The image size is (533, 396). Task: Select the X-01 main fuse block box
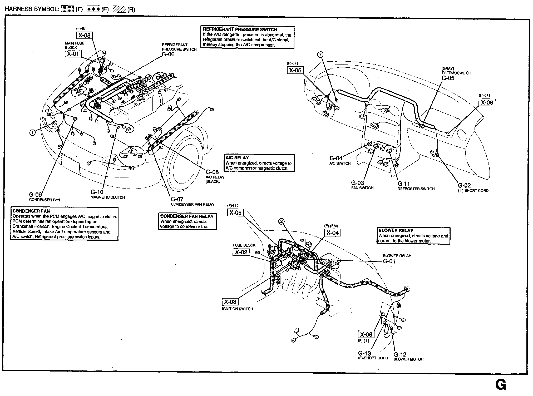point(73,54)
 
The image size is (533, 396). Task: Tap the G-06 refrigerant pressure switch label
point(168,55)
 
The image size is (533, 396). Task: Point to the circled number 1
point(32,133)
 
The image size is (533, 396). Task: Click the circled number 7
point(320,55)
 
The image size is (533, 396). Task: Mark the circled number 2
point(281,222)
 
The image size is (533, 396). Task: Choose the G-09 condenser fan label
point(35,195)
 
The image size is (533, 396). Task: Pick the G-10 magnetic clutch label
point(97,192)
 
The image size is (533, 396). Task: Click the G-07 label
point(177,199)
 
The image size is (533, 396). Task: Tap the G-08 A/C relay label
point(212,172)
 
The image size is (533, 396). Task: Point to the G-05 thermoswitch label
point(448,78)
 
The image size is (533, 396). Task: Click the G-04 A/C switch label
point(336,158)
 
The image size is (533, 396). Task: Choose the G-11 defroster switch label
point(404,184)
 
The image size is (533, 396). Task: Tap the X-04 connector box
point(333,233)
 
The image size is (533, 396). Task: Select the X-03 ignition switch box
point(230,302)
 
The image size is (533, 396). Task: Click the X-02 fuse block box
point(241,252)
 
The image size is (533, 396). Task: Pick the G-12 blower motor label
point(400,355)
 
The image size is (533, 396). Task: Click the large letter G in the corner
point(500,385)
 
